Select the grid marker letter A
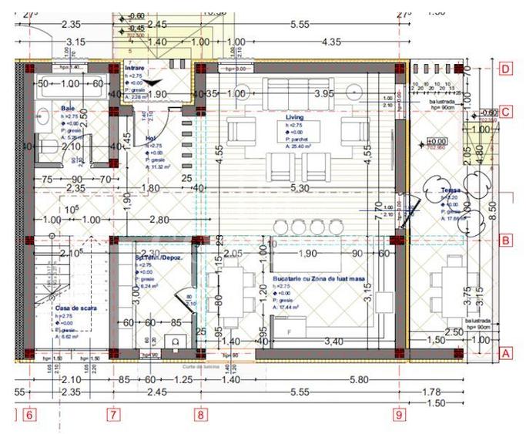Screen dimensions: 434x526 [506, 353]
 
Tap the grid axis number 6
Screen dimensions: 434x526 [29, 415]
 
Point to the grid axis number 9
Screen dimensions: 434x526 [400, 415]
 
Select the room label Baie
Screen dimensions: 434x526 [68, 109]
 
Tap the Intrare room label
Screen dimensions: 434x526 [135, 69]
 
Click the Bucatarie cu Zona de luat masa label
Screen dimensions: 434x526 [317, 278]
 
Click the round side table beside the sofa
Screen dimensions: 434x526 [351, 92]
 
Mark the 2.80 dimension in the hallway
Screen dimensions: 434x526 [159, 220]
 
